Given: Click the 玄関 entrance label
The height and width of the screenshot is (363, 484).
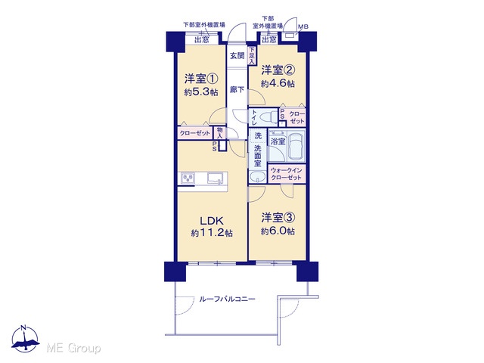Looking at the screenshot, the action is tap(237, 55).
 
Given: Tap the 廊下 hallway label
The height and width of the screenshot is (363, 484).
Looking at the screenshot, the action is tap(237, 90).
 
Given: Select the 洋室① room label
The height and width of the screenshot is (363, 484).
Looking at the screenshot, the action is tap(201, 79).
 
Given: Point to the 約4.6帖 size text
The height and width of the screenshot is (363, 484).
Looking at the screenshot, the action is tap(278, 84).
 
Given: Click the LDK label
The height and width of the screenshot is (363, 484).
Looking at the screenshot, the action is tap(212, 221).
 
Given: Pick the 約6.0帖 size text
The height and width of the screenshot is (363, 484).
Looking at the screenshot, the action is tap(278, 231).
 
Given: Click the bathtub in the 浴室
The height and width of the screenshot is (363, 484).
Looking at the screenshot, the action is tap(296, 145).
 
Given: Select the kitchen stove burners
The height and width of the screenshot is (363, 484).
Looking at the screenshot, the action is tap(188, 178).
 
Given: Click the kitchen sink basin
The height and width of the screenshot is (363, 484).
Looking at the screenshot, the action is tap(215, 178).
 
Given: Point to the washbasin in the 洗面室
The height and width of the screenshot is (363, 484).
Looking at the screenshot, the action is tap(257, 178).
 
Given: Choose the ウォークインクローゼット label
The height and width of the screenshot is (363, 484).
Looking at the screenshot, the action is tap(286, 174).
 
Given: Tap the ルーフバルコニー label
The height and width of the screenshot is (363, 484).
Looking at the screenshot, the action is tap(228, 299).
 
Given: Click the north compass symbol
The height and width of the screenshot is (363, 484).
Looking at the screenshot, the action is tap(25, 339).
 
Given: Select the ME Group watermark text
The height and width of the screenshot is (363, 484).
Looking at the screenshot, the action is tap(74, 349).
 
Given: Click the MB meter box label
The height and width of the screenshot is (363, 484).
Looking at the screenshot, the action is tap(303, 27).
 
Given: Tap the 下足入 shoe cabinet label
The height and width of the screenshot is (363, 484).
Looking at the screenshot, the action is tap(252, 56).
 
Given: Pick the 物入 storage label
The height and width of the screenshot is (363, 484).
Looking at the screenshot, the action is tap(220, 133).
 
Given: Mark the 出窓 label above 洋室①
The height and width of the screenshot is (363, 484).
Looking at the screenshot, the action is tap(202, 40).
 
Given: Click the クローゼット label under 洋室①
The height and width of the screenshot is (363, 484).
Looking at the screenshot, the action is tap(195, 133).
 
